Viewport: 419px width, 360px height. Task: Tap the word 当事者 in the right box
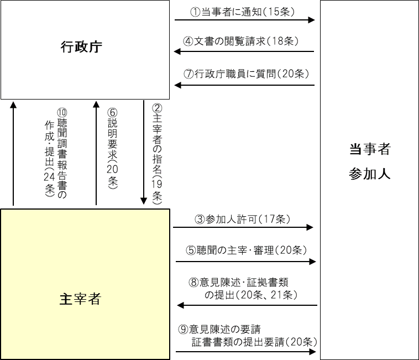(x=370, y=149)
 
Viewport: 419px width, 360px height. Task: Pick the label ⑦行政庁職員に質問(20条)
(x=244, y=74)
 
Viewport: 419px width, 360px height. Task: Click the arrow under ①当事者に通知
(x=244, y=20)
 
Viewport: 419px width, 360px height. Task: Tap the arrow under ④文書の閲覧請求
(x=244, y=53)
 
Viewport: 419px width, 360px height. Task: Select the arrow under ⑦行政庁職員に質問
(x=244, y=85)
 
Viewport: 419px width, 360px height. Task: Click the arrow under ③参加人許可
(x=243, y=227)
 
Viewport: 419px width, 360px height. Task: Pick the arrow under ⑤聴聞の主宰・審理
(x=245, y=260)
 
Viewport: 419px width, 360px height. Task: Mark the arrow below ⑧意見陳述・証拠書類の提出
(x=247, y=305)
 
